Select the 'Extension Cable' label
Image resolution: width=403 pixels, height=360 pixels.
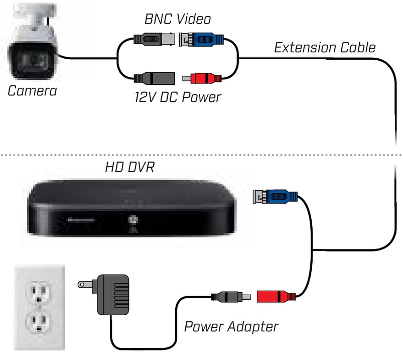[x=324, y=48]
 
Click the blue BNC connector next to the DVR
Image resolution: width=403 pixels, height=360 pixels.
[x=278, y=195]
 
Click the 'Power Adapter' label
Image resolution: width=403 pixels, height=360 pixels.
[x=230, y=326]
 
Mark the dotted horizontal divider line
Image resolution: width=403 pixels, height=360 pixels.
[x=201, y=154]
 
